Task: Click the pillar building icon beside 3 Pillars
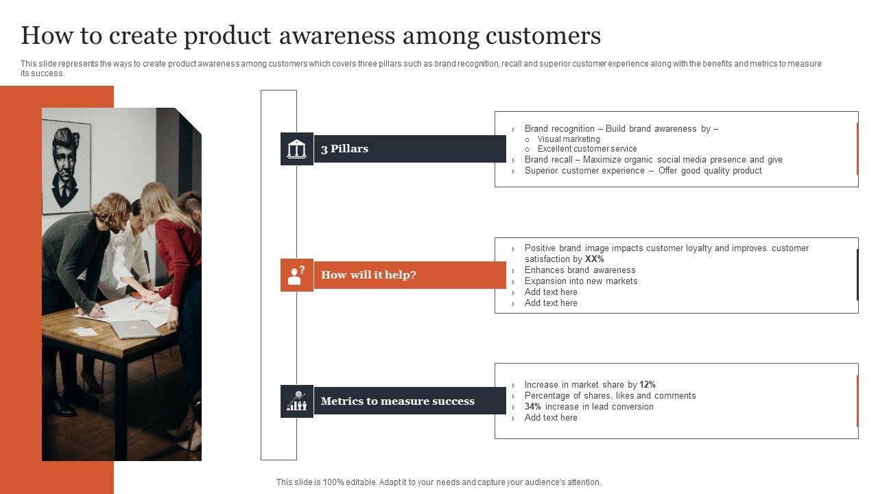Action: point(296,149)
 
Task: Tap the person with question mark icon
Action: point(296,275)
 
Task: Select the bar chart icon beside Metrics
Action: point(296,401)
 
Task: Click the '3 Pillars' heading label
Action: point(344,149)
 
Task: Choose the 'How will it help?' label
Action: point(368,275)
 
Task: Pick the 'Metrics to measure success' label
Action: point(397,401)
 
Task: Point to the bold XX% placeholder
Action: point(594,259)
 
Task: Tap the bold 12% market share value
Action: point(648,385)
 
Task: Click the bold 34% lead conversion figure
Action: point(534,407)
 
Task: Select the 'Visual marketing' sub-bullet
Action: point(569,139)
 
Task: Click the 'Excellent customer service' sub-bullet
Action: point(587,149)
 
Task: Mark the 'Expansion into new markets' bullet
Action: point(581,281)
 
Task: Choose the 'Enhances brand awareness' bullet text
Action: point(580,270)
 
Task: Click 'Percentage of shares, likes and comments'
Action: point(610,396)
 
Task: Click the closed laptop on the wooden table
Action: point(135,329)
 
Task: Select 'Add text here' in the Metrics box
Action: point(551,418)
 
